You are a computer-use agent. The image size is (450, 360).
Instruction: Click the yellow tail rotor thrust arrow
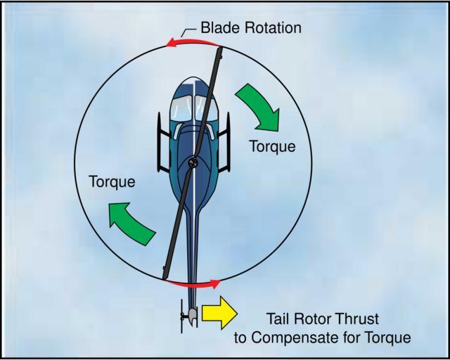pyautogui.click(x=219, y=313)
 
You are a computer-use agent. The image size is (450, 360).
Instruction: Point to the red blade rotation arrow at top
pyautogui.click(x=193, y=42)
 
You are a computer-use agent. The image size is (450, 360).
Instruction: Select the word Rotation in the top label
pyautogui.click(x=273, y=28)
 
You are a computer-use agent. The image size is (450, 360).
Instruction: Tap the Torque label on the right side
pyautogui.click(x=272, y=146)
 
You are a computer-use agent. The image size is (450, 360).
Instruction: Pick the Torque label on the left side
pyautogui.click(x=112, y=181)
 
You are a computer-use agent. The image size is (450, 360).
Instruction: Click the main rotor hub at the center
pyautogui.click(x=193, y=163)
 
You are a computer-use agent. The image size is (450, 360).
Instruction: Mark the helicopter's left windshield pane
pyautogui.click(x=181, y=108)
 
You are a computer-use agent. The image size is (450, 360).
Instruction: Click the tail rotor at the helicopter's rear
pyautogui.click(x=182, y=316)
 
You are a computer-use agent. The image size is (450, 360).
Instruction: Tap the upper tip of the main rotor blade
pyautogui.click(x=220, y=48)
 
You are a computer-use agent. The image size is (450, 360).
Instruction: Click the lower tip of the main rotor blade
pyautogui.click(x=165, y=278)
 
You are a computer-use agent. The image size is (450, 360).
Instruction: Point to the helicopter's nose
pyautogui.click(x=193, y=77)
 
